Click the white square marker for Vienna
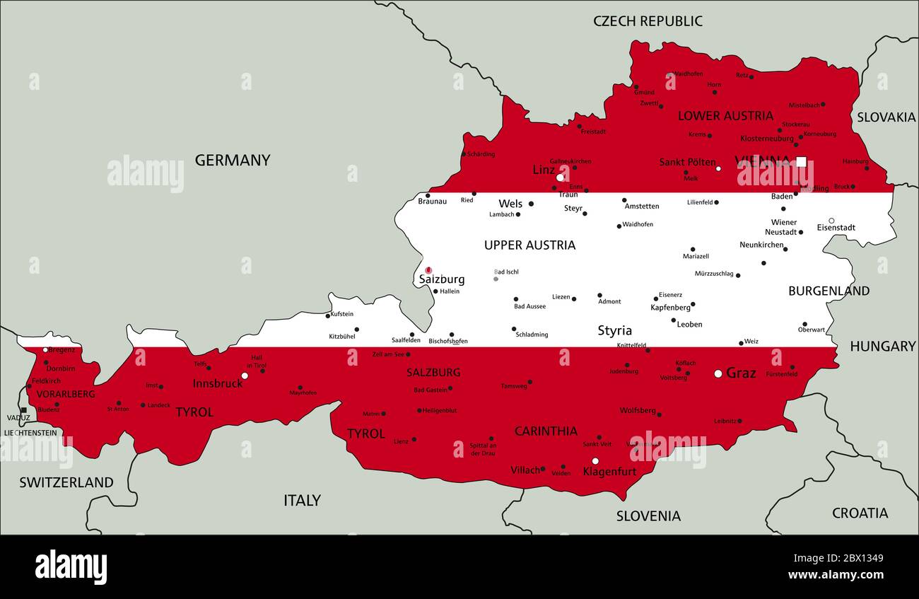click(x=801, y=161)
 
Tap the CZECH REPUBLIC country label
click(x=648, y=21)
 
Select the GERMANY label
click(x=232, y=161)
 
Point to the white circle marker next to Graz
click(x=718, y=373)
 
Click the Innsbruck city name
click(x=217, y=383)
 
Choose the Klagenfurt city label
click(x=609, y=472)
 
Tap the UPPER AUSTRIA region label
click(x=529, y=245)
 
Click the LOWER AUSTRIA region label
click(x=725, y=116)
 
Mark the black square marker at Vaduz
click(x=23, y=410)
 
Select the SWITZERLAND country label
click(x=66, y=483)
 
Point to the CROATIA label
click(x=860, y=513)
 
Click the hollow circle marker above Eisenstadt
click(x=831, y=221)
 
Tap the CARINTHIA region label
click(x=545, y=431)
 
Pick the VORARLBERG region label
click(x=65, y=394)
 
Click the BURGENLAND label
click(x=829, y=291)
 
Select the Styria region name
click(x=614, y=331)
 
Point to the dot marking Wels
click(x=531, y=204)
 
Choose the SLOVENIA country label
click(x=648, y=516)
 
